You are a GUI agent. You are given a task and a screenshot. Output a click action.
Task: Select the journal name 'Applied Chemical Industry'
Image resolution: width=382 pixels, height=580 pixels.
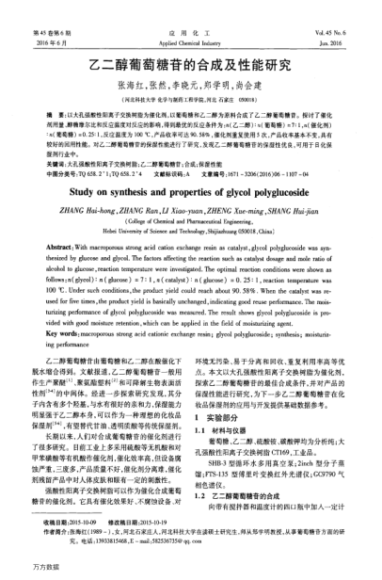click(x=191, y=18)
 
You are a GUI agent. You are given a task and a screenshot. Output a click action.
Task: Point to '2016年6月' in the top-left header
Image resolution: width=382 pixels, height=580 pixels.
click(x=53, y=18)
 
